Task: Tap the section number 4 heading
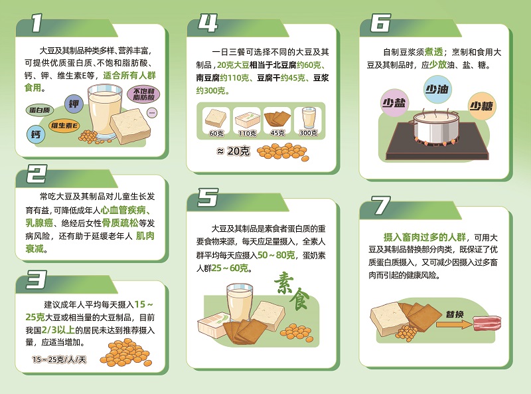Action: coord(208,24)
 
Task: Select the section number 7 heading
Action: coord(380,207)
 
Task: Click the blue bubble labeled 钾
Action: coord(73,104)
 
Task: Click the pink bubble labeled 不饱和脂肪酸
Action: coord(144,94)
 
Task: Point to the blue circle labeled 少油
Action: coord(437,90)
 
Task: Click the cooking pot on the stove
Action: coord(433,126)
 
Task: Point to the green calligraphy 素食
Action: coord(290,291)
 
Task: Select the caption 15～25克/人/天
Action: coord(59,359)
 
